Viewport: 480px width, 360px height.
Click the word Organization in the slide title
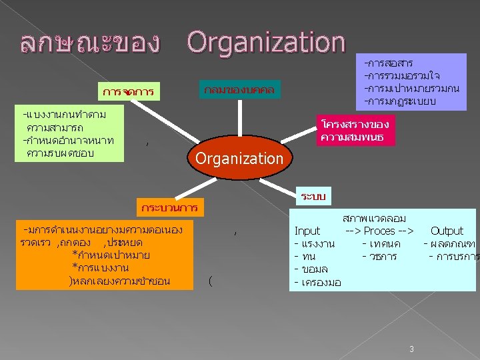coord(265,42)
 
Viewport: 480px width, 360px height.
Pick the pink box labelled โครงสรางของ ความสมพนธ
coord(355,131)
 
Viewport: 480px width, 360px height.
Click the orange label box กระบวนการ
coord(169,208)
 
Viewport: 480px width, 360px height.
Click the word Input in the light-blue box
coord(307,231)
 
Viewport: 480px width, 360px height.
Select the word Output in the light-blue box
coord(447,231)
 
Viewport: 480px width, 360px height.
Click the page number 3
coord(412,349)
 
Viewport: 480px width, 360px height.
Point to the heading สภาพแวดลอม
coord(374,218)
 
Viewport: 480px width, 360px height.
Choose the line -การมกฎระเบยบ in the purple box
coord(400,101)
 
